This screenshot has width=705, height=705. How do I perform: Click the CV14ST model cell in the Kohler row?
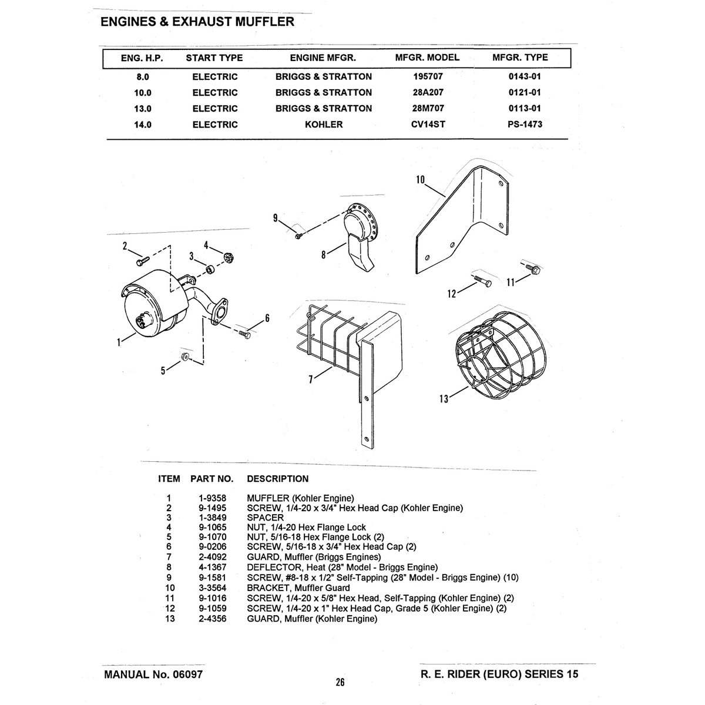(x=428, y=125)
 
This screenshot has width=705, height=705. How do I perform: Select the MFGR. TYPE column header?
(x=520, y=58)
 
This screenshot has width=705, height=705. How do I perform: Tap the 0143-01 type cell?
(x=524, y=76)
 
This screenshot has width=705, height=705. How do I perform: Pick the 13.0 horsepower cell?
(x=143, y=109)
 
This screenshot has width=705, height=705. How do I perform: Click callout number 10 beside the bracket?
(x=421, y=180)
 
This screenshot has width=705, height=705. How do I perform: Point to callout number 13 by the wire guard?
(x=444, y=398)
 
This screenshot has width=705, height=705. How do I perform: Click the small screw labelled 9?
(x=298, y=236)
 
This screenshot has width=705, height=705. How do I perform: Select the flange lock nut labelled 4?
(x=229, y=257)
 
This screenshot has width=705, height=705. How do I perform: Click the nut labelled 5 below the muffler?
(x=185, y=356)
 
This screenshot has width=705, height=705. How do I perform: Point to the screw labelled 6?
(x=245, y=334)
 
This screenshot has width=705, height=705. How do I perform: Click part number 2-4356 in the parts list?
(x=213, y=619)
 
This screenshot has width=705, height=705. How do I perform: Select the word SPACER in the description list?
(x=265, y=518)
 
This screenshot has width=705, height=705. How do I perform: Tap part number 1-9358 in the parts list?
(x=213, y=498)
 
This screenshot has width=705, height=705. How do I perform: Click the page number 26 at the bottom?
(x=340, y=682)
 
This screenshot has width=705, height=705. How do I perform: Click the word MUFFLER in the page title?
(x=264, y=22)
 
